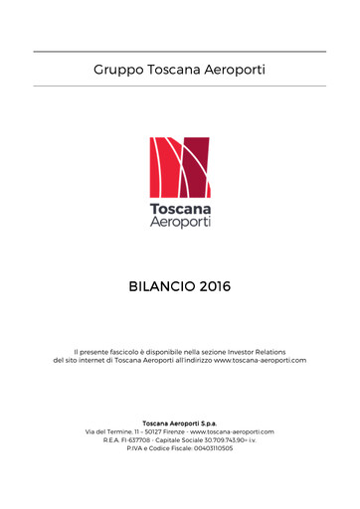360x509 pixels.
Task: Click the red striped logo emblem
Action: [x=180, y=166]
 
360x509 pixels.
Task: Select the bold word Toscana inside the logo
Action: [x=180, y=210]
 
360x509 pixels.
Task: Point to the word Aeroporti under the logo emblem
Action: [x=180, y=224]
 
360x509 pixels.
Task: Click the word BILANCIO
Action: [x=161, y=287]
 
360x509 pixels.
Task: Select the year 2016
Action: [x=215, y=287]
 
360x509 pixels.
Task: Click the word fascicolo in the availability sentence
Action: [x=120, y=351]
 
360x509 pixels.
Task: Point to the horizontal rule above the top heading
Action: [x=180, y=51]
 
